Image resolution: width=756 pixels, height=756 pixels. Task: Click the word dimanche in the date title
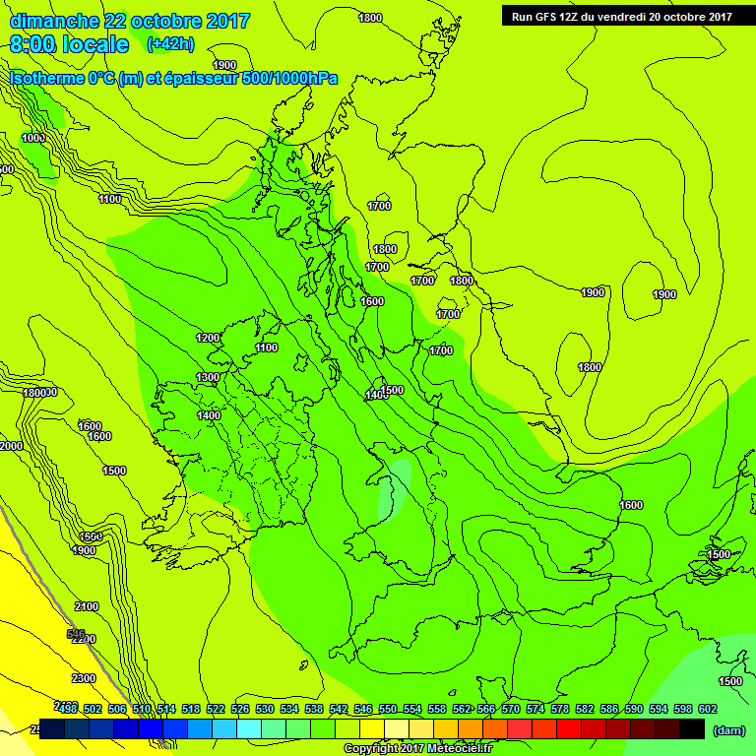click(x=54, y=21)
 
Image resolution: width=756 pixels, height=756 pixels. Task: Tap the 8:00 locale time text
click(x=69, y=44)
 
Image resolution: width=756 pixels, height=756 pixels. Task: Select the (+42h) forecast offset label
click(x=170, y=44)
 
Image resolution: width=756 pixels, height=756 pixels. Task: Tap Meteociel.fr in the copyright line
click(x=455, y=749)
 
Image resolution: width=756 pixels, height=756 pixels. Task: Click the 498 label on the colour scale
click(x=68, y=709)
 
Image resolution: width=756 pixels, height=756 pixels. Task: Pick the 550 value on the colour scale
click(x=388, y=709)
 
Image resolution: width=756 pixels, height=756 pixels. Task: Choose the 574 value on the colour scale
click(x=535, y=709)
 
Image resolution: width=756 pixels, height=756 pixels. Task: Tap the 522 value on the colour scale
click(x=216, y=709)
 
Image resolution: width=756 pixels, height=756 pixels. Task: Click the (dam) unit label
click(x=728, y=729)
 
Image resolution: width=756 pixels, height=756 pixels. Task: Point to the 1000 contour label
click(x=33, y=138)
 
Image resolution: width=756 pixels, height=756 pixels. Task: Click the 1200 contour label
click(x=208, y=338)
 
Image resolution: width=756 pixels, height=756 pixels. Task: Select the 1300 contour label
click(x=208, y=377)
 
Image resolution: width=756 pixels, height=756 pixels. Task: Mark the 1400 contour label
click(x=209, y=415)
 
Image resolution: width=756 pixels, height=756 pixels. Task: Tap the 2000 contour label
click(x=11, y=446)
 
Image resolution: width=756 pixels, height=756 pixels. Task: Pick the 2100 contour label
click(x=86, y=606)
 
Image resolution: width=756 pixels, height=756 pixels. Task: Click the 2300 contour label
click(x=83, y=678)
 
